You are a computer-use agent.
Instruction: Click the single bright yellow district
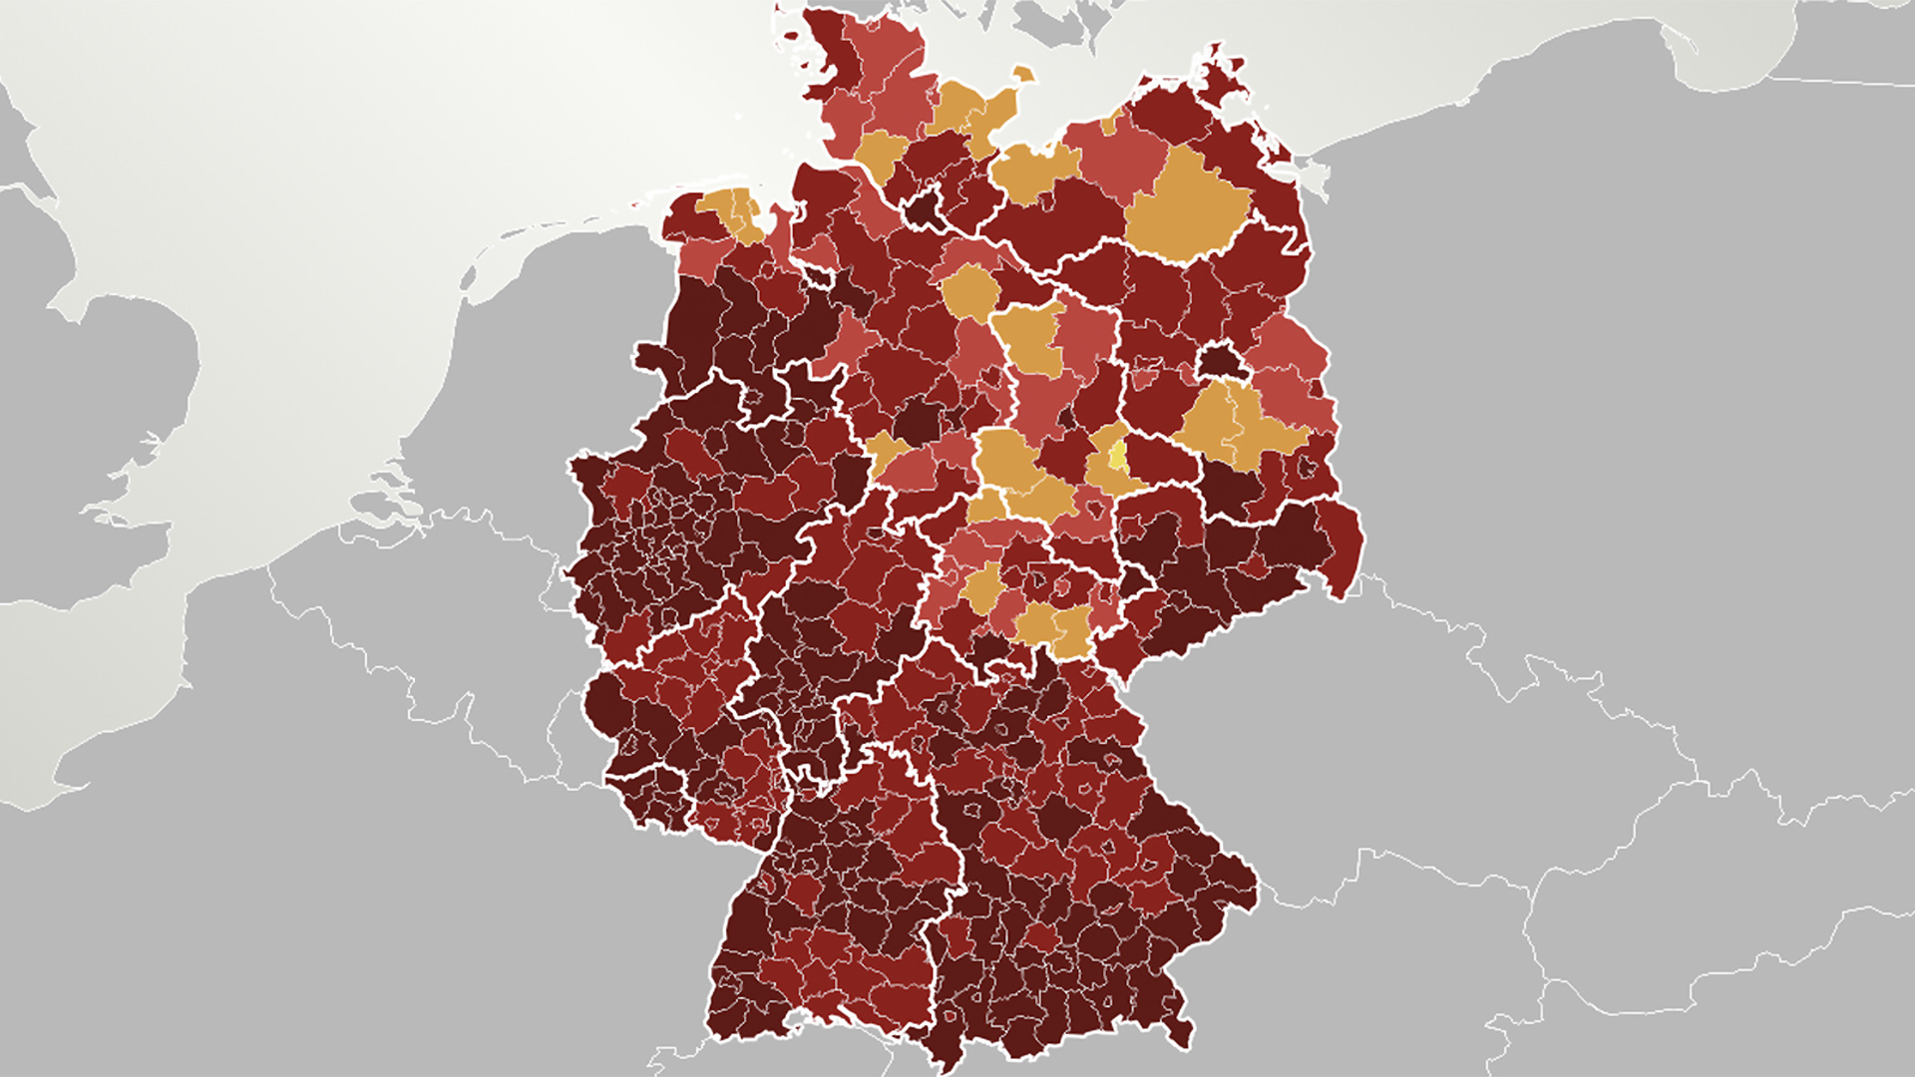[x=1117, y=457]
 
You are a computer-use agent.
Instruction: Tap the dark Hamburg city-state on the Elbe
[x=923, y=210]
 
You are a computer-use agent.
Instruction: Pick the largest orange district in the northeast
[x=1187, y=209]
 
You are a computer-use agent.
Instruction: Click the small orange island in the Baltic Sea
[x=1022, y=75]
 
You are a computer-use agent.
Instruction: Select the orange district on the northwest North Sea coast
[x=736, y=212]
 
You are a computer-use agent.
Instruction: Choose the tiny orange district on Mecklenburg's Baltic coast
[x=1110, y=126]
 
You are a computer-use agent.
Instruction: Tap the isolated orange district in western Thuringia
[x=982, y=588]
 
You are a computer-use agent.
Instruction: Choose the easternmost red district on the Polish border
[x=1346, y=548]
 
